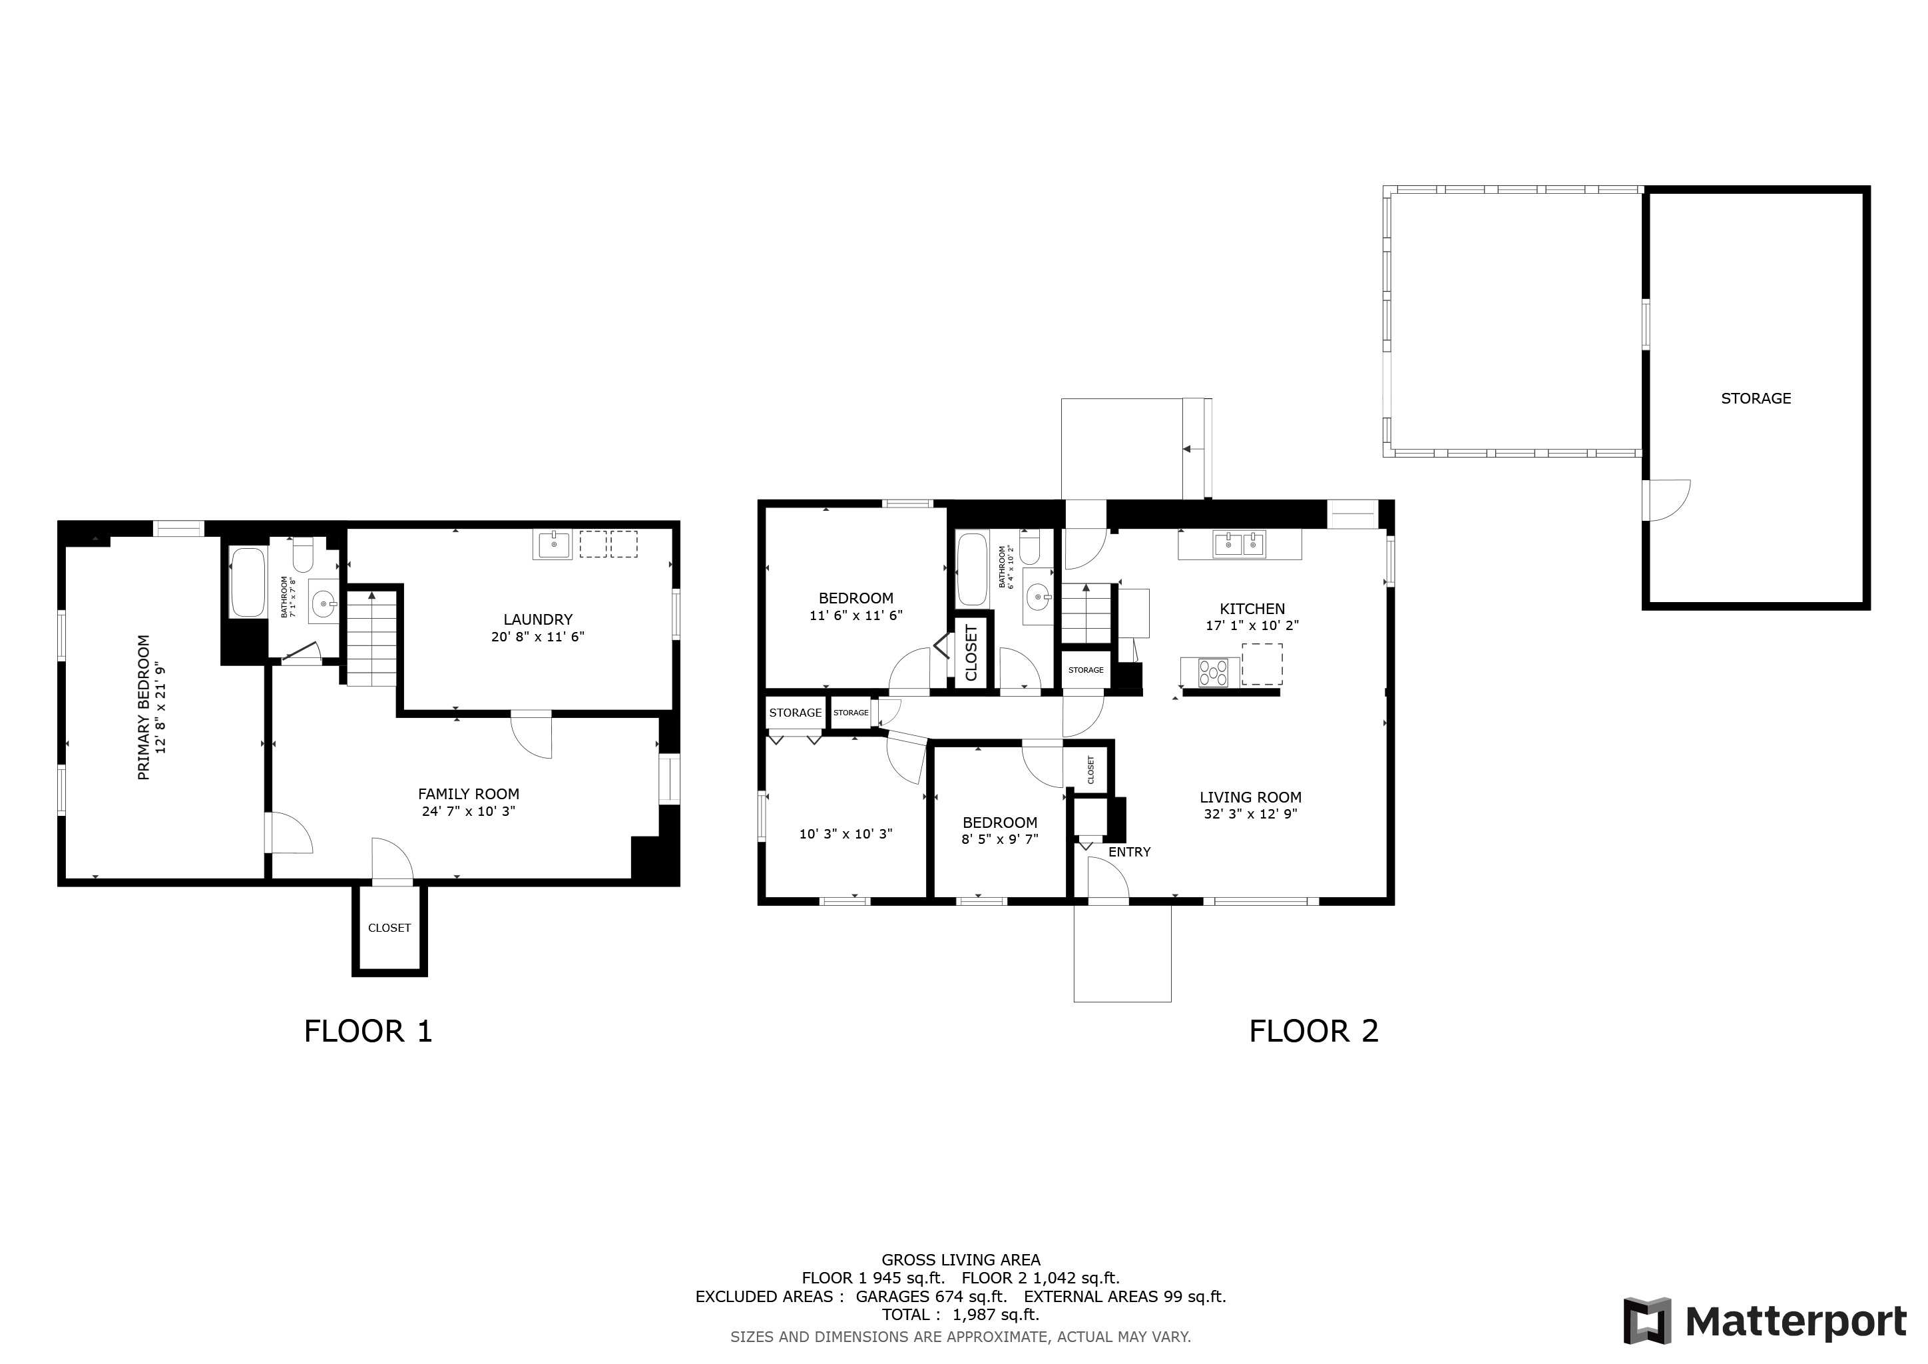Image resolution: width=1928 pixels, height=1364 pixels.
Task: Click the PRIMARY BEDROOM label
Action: [x=144, y=707]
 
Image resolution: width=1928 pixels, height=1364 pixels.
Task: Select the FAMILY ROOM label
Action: [x=469, y=794]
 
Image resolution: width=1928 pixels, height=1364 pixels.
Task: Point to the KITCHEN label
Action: [x=1252, y=609]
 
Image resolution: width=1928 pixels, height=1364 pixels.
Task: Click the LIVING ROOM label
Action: [x=1250, y=797]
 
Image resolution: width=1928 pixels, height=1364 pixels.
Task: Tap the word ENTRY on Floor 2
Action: [x=1129, y=852]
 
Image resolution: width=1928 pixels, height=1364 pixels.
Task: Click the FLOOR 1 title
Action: [x=367, y=1030]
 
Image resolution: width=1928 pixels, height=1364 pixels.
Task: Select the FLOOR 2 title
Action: [x=1314, y=1030]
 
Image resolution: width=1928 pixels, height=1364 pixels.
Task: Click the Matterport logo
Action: [x=1764, y=1321]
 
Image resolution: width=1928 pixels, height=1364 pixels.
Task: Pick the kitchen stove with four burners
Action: [x=1212, y=672]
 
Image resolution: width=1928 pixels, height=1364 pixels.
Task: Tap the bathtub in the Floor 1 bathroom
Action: [x=248, y=582]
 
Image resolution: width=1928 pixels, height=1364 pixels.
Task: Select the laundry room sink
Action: [x=552, y=545]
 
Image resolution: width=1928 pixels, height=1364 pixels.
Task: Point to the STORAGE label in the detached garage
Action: [x=1756, y=399]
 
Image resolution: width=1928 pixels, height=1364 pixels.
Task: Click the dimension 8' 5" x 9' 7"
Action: [x=999, y=839]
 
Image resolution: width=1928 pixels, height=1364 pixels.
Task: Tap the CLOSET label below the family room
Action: [x=389, y=928]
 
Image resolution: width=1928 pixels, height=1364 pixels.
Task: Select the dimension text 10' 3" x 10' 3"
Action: [x=845, y=834]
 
